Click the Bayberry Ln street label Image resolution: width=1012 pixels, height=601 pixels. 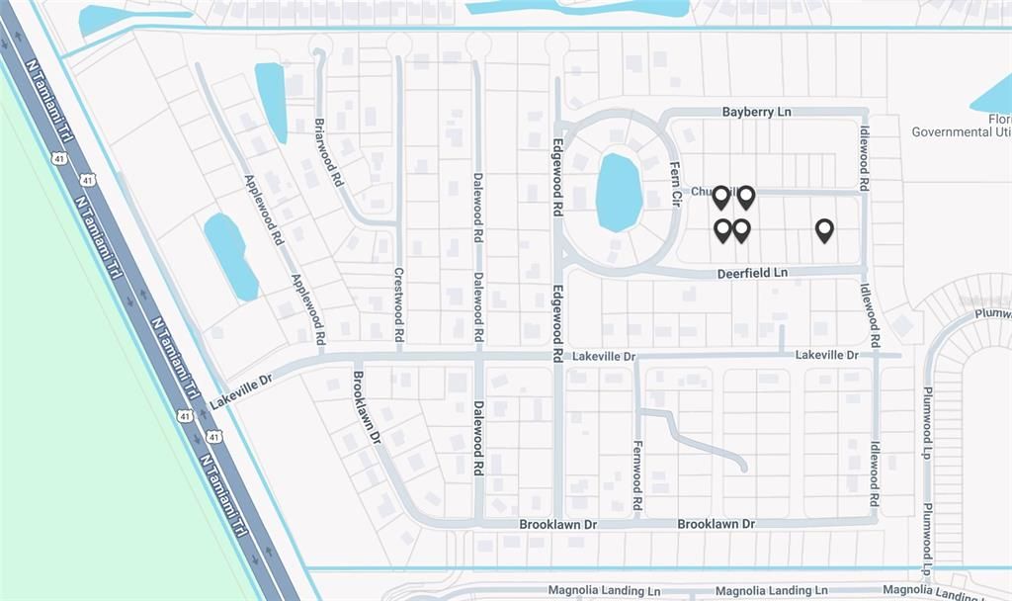[756, 113]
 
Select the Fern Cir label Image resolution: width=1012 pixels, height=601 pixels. [676, 183]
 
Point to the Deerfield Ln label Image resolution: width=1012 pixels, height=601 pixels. [752, 272]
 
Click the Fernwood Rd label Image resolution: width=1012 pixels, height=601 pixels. [637, 475]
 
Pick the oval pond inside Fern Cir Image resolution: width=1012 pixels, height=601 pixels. [619, 192]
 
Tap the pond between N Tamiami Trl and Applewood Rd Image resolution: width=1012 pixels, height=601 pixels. [230, 256]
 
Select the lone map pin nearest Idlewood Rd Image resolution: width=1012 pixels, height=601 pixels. [824, 230]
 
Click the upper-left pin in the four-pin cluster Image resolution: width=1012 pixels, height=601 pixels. [721, 197]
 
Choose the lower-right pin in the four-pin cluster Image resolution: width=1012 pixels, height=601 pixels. [741, 230]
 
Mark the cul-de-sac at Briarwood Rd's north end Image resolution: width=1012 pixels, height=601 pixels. [319, 43]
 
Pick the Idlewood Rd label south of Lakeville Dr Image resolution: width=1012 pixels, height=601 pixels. [875, 476]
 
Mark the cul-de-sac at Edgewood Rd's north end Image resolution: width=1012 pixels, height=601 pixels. [557, 43]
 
